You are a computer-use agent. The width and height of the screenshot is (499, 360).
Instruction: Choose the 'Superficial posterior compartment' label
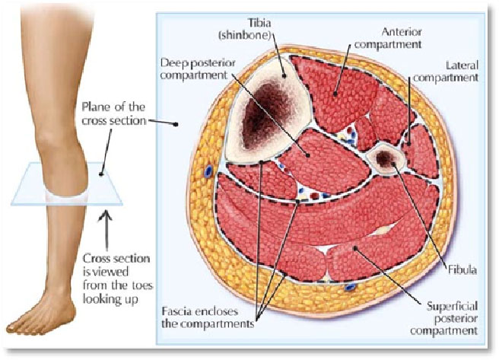pos(444,318)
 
